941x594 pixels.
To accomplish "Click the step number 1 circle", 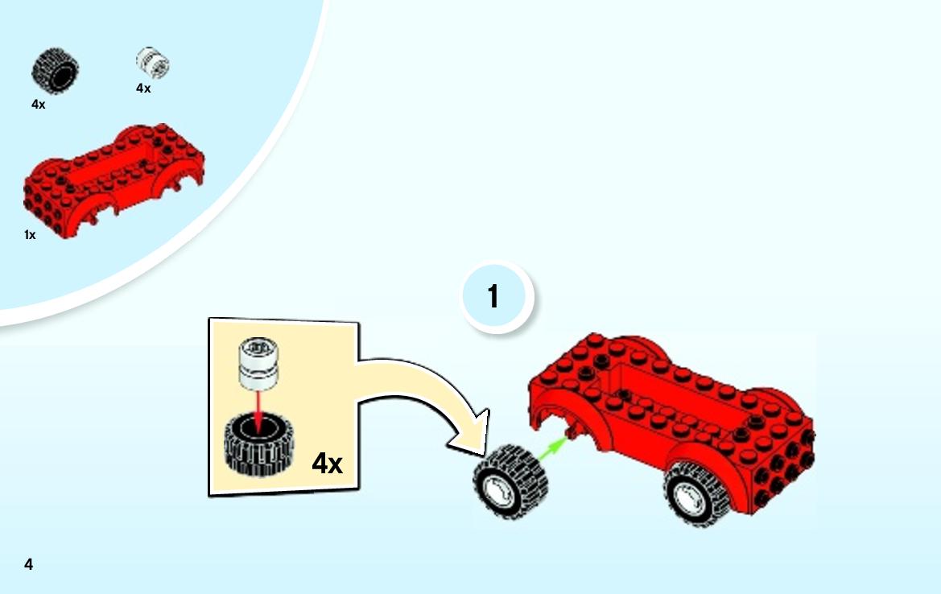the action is tap(497, 297).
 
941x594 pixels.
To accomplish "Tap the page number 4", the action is tap(28, 564).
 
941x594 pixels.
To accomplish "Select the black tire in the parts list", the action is tap(56, 71).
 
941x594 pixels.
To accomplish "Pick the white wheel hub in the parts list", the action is tap(152, 63).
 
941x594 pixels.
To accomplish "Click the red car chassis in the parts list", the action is tap(114, 180).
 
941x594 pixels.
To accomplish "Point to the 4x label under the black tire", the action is tap(39, 105).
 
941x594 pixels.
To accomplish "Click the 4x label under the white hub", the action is tap(143, 89).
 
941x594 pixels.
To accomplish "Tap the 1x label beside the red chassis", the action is tap(30, 235).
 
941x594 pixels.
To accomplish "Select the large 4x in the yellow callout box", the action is tap(327, 463).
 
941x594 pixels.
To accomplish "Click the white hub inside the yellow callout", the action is tap(258, 363).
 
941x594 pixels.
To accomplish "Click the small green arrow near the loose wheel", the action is tap(553, 449).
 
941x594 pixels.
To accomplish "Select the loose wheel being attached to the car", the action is tap(510, 481).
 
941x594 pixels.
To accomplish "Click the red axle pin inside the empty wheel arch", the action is tap(572, 428).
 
